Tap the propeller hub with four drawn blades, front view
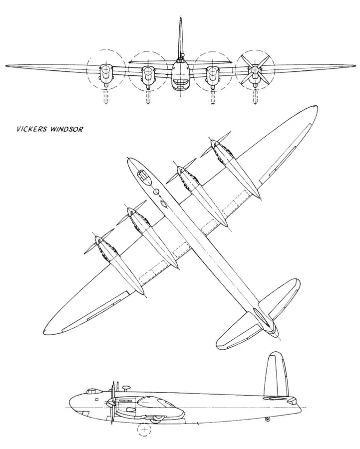pos(255,70)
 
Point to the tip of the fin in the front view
pos(181,18)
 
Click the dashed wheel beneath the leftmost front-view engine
pos(106,97)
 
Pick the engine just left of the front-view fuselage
pos(147,75)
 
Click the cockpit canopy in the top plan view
pos(144,177)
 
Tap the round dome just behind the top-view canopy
pos(156,192)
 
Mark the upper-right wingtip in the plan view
pos(315,108)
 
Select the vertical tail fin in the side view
pos(275,375)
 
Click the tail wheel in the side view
pos(268,419)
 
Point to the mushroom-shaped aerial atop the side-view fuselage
pos(125,388)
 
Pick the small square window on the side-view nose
pos(96,399)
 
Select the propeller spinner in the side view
pos(110,402)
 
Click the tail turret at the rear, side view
pos(293,400)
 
